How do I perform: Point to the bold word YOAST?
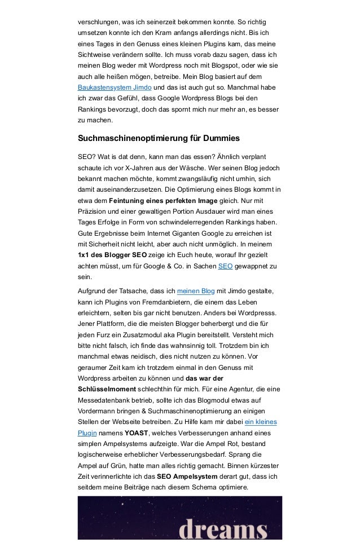coord(136,433)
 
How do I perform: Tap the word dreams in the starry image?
coord(222,530)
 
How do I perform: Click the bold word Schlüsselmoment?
coord(107,389)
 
